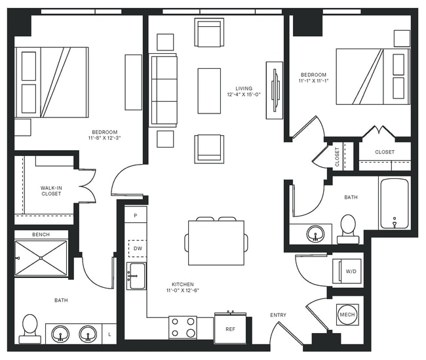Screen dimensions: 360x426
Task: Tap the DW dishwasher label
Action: pyautogui.click(x=138, y=249)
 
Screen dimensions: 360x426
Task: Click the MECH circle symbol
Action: pyautogui.click(x=347, y=315)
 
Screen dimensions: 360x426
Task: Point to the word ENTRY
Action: pyautogui.click(x=278, y=315)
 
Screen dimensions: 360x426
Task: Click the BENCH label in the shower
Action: pyautogui.click(x=41, y=234)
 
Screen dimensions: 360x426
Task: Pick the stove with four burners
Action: pyautogui.click(x=183, y=327)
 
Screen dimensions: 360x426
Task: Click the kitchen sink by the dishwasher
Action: pyautogui.click(x=136, y=276)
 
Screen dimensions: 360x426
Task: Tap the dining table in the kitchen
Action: pyautogui.click(x=216, y=242)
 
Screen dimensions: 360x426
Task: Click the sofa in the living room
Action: pyautogui.click(x=164, y=90)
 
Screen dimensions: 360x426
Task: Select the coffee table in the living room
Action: pyautogui.click(x=209, y=90)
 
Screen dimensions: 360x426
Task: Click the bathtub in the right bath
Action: pyautogui.click(x=394, y=203)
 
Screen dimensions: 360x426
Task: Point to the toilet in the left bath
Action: pyautogui.click(x=29, y=328)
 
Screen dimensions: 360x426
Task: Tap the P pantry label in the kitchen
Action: pyautogui.click(x=136, y=215)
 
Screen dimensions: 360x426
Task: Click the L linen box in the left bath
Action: pyautogui.click(x=109, y=334)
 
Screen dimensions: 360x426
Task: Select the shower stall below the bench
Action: pyautogui.click(x=41, y=258)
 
